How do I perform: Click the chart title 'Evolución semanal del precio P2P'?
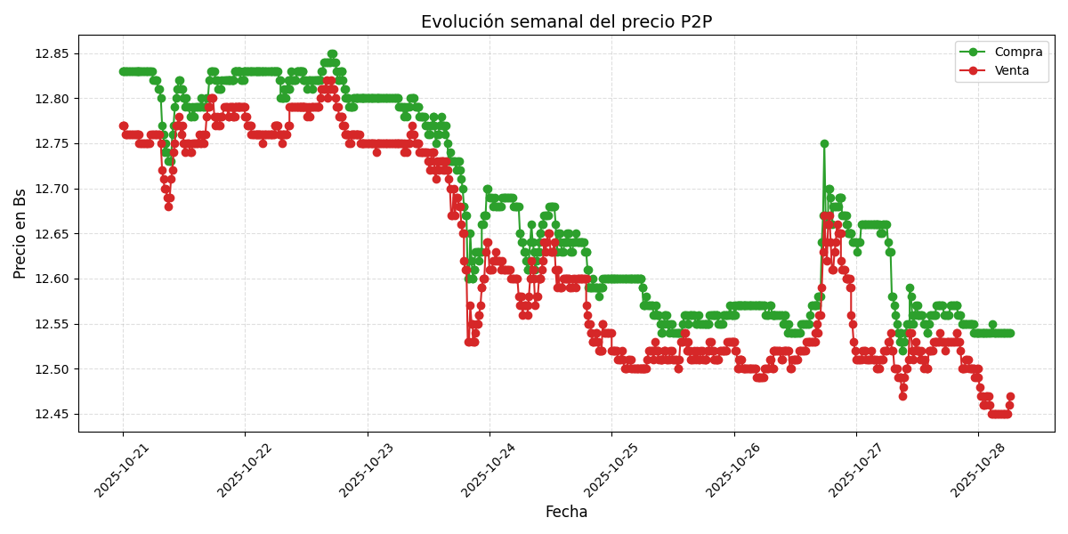click(x=566, y=21)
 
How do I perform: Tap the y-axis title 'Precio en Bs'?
click(x=20, y=234)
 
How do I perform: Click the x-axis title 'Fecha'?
click(x=566, y=512)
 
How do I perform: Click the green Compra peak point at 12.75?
click(x=824, y=143)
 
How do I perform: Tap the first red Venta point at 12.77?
click(x=124, y=125)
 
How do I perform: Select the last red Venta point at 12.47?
click(x=1010, y=396)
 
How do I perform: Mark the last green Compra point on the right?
click(x=1010, y=333)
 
